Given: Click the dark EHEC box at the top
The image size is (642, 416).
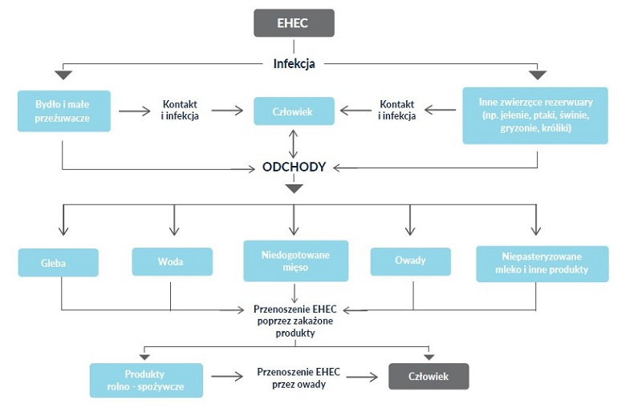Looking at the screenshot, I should pos(294,22).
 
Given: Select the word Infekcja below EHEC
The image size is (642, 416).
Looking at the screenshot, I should pos(295,63).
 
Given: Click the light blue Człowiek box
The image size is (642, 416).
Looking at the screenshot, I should pos(294,111).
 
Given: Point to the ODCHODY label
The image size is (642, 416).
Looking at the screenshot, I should pos(294,168).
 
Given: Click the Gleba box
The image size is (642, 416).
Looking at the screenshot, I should pos(59,262).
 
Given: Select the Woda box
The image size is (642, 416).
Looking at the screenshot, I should pos(173,262).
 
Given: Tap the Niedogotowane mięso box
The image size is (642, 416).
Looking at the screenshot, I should pos(295,261).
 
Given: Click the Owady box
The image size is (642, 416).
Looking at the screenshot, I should pos(410,261).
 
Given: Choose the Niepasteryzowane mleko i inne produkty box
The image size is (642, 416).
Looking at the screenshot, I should pos(542,263).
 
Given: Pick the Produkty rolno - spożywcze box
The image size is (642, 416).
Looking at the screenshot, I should pos(145,380).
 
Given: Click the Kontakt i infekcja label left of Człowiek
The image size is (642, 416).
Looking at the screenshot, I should pos(181,111).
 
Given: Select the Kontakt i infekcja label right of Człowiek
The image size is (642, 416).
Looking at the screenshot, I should pos(396,111).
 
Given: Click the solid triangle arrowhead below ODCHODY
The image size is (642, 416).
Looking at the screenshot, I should pos(294,189).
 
